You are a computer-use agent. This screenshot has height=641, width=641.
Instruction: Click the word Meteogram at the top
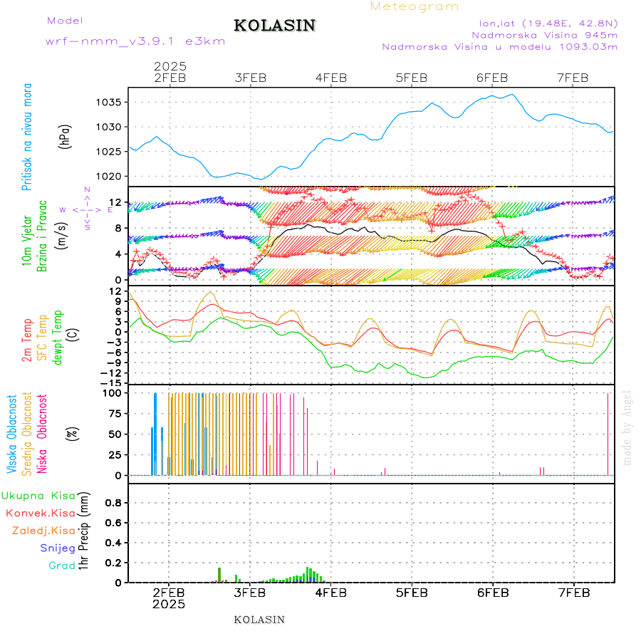[x=415, y=6]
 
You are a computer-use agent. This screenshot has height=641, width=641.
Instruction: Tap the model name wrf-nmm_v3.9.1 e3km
[x=135, y=41]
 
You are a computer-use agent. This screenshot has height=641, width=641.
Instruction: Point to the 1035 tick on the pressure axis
[x=108, y=102]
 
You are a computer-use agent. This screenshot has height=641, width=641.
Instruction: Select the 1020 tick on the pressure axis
[x=108, y=176]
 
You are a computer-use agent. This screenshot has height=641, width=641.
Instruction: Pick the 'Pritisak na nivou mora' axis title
[x=27, y=137]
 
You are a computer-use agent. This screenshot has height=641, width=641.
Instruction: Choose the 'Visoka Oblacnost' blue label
[x=12, y=434]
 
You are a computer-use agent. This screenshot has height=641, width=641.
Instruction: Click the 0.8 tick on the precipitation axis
[x=112, y=502]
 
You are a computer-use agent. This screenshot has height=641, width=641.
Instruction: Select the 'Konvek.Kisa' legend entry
[x=41, y=513]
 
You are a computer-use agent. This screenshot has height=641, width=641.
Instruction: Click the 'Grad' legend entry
[x=62, y=566]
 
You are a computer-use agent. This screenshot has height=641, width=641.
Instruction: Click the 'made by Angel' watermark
[x=627, y=427]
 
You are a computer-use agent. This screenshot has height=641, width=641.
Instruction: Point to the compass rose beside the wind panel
[x=87, y=209]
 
